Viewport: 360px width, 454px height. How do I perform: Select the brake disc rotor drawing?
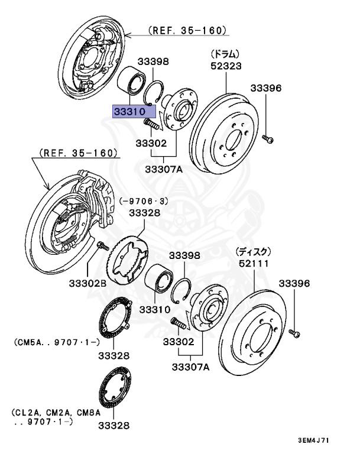coord(255,333)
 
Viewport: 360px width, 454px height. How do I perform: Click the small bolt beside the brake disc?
coord(296,334)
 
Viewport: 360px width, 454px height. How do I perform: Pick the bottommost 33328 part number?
coord(113,425)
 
